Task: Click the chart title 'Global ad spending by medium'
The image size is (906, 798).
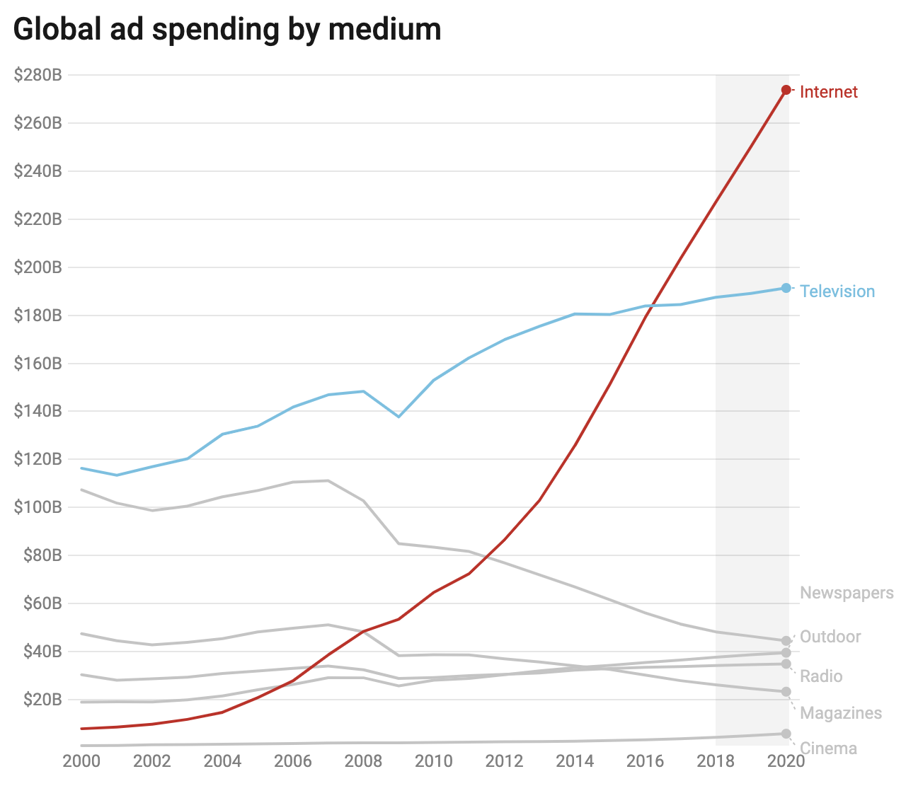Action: (x=227, y=30)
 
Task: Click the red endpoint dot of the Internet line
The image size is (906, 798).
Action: (x=786, y=90)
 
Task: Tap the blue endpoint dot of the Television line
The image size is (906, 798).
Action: (x=786, y=288)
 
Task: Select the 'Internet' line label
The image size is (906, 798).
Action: (x=828, y=92)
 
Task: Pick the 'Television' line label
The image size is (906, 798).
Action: (x=837, y=291)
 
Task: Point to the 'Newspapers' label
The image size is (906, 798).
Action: (x=847, y=593)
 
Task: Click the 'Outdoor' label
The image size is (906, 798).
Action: (x=830, y=637)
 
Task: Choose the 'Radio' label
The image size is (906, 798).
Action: (x=821, y=676)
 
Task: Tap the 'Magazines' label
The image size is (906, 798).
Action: (x=841, y=713)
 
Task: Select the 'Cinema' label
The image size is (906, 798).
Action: (x=828, y=748)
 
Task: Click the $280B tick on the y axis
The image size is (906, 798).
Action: (x=38, y=75)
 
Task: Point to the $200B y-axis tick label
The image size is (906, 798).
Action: (x=38, y=267)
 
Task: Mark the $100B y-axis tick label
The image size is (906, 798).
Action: (x=38, y=507)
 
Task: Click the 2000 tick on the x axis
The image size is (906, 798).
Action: (x=82, y=761)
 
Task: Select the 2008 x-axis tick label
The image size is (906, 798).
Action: (x=364, y=761)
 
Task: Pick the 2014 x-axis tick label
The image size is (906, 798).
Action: (x=575, y=761)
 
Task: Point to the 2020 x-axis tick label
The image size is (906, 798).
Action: (x=786, y=761)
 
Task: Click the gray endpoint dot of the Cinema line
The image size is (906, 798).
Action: (x=786, y=734)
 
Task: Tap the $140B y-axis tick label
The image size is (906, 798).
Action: (x=38, y=411)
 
